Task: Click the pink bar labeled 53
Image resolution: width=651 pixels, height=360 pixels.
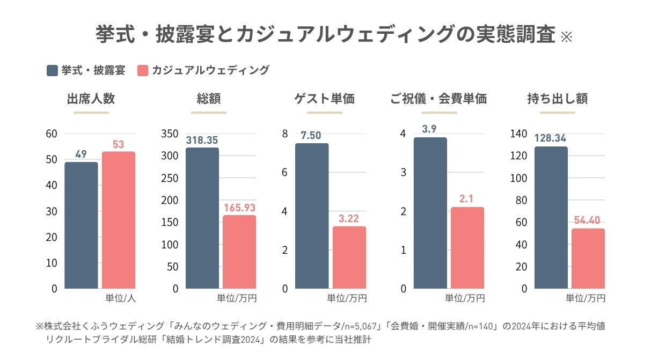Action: pos(119,220)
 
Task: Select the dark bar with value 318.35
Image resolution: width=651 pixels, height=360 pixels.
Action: pos(202,218)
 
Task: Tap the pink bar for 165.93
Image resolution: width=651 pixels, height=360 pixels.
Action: pos(239,252)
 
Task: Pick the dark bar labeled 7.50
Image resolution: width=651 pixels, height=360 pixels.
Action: pos(312,216)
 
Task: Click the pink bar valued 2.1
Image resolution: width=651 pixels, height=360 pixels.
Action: pos(467,248)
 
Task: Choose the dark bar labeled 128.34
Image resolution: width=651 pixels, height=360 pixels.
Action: pos(551,217)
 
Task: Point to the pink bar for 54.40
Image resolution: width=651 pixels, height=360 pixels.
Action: pos(588,259)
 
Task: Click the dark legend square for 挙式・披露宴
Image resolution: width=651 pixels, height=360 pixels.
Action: pos(53,70)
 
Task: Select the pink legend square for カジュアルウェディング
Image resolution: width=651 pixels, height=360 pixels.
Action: pos(142,70)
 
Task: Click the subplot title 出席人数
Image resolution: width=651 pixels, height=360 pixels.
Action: pos(91,99)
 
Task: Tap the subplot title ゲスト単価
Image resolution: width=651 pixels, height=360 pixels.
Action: pos(324,99)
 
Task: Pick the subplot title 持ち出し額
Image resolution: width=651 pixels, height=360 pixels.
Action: pos(557,99)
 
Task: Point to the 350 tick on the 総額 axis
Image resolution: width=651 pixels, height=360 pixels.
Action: pos(170,134)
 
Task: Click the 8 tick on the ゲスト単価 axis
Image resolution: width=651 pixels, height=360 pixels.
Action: pos(286,134)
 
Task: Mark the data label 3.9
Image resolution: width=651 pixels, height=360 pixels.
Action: pos(430,129)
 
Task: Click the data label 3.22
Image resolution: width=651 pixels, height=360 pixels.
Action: pos(349,218)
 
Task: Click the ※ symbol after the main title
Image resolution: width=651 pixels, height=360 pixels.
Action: pos(566,38)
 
